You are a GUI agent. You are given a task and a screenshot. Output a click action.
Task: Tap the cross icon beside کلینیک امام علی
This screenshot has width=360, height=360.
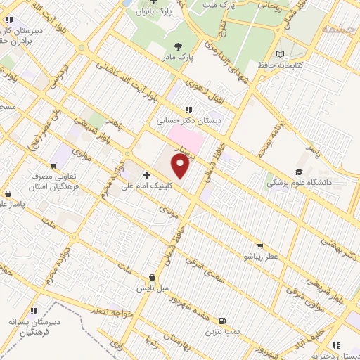(146, 174)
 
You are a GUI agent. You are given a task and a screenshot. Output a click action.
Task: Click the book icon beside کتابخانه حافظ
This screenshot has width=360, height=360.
(281, 54)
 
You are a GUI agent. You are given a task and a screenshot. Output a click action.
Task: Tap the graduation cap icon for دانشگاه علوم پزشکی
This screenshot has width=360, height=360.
(299, 172)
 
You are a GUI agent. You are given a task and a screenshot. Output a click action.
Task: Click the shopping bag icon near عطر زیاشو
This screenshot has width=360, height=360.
(260, 246)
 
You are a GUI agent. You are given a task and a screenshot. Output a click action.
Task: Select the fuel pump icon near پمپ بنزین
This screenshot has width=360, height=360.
(223, 320)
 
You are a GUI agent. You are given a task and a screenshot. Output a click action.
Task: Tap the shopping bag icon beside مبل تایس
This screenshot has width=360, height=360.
(153, 278)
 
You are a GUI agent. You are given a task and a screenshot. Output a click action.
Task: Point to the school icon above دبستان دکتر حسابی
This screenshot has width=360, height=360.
(188, 110)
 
